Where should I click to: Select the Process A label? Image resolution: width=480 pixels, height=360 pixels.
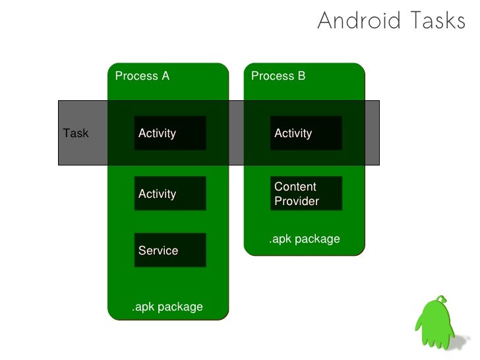pos(142,76)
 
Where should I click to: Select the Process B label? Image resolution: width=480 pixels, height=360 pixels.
pos(278,76)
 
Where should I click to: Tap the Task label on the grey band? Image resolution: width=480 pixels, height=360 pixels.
pos(76,133)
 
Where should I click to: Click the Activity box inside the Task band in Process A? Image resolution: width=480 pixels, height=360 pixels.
pos(170,133)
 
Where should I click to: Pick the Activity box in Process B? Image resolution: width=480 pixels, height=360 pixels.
pos(306,133)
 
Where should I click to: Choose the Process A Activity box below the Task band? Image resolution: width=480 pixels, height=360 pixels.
pos(170,193)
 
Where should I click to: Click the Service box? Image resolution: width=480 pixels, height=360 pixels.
pos(170,250)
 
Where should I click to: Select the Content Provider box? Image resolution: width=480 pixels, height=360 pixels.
pos(306,194)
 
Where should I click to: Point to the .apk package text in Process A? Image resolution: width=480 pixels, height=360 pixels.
pos(167,307)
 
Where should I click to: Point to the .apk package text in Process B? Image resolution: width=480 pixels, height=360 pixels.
pos(304,239)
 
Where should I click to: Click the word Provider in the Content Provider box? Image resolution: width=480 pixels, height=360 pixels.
pos(297,201)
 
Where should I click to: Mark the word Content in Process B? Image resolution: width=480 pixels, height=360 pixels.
pos(295,187)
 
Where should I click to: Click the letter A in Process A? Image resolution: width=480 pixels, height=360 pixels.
pos(165,76)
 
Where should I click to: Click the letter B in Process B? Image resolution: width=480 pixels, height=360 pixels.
pos(301,76)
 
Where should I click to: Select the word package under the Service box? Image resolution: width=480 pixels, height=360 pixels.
pos(182,307)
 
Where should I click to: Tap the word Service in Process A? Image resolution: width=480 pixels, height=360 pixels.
pos(158,251)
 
